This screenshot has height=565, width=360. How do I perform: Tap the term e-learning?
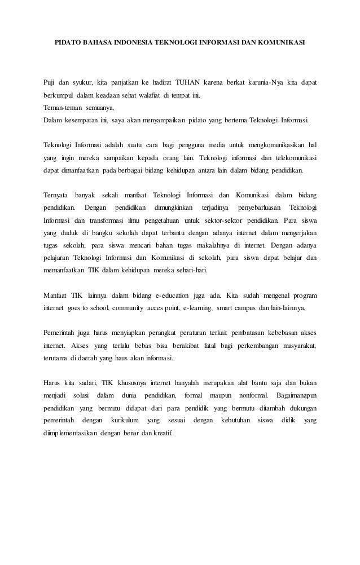tap(192, 308)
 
